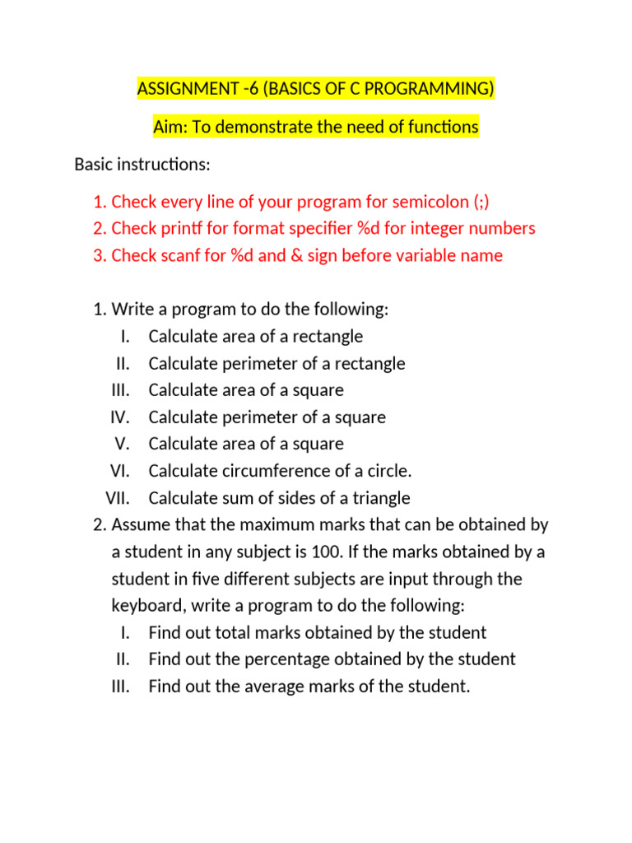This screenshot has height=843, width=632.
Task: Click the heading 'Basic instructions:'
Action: click(x=142, y=165)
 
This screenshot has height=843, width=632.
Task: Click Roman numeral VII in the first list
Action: click(x=121, y=498)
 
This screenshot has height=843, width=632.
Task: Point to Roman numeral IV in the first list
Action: click(x=121, y=417)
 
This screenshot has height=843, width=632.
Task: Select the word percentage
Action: click(x=286, y=659)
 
